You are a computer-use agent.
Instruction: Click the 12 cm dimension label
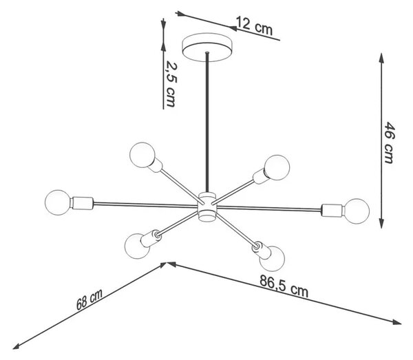(x=254, y=26)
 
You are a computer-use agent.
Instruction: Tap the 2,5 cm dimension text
(x=171, y=84)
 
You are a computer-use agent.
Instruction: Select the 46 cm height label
(x=390, y=142)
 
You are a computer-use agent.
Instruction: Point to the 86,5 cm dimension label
(x=284, y=286)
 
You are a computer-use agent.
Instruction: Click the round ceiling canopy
(x=207, y=47)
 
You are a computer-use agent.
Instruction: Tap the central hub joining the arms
(x=207, y=207)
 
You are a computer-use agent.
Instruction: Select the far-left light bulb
(x=58, y=202)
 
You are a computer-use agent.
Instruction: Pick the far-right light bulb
(x=357, y=211)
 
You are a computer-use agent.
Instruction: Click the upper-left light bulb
(x=142, y=155)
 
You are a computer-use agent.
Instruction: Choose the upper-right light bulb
(x=277, y=167)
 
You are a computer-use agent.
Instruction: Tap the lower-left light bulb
(x=137, y=246)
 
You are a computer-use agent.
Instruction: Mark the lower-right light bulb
(x=272, y=258)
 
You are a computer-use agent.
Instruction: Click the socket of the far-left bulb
(x=82, y=203)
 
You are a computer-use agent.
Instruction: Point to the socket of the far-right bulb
(x=332, y=210)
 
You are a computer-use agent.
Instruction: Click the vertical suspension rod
(x=207, y=122)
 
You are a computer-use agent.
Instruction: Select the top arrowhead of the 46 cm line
(x=381, y=58)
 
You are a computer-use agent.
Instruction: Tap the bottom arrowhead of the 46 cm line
(x=381, y=223)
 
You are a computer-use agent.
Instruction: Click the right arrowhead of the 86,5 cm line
(x=396, y=322)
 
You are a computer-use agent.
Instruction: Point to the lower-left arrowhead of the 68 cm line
(x=17, y=346)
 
